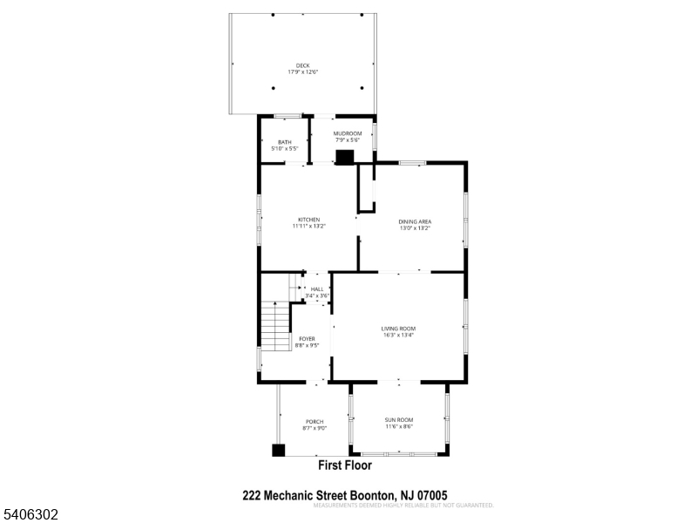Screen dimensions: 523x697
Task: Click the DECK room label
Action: click(x=302, y=65)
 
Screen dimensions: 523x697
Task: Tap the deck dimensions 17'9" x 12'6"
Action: click(x=302, y=71)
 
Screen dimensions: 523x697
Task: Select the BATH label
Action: click(x=285, y=142)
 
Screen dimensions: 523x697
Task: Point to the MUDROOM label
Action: click(x=348, y=133)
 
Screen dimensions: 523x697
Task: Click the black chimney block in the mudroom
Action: click(x=346, y=157)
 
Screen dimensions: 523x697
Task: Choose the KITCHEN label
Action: click(x=309, y=220)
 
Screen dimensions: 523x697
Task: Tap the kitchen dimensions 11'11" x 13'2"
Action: click(x=309, y=227)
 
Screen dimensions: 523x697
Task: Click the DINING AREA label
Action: click(x=416, y=221)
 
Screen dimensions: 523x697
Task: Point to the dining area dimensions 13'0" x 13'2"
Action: click(x=416, y=228)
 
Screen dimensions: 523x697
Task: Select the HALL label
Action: click(x=317, y=289)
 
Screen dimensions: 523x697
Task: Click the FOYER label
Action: click(x=307, y=338)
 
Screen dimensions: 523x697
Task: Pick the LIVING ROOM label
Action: click(x=398, y=328)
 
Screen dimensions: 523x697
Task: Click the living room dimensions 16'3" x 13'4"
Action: click(x=398, y=335)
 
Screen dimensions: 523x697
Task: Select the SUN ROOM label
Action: click(x=399, y=420)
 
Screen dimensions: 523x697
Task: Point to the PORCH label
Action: click(x=315, y=421)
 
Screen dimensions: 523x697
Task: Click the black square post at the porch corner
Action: click(x=279, y=451)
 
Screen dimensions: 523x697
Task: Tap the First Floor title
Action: click(x=350, y=466)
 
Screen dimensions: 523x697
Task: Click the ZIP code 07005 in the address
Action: click(x=430, y=495)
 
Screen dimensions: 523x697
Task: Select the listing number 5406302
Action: click(x=30, y=515)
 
